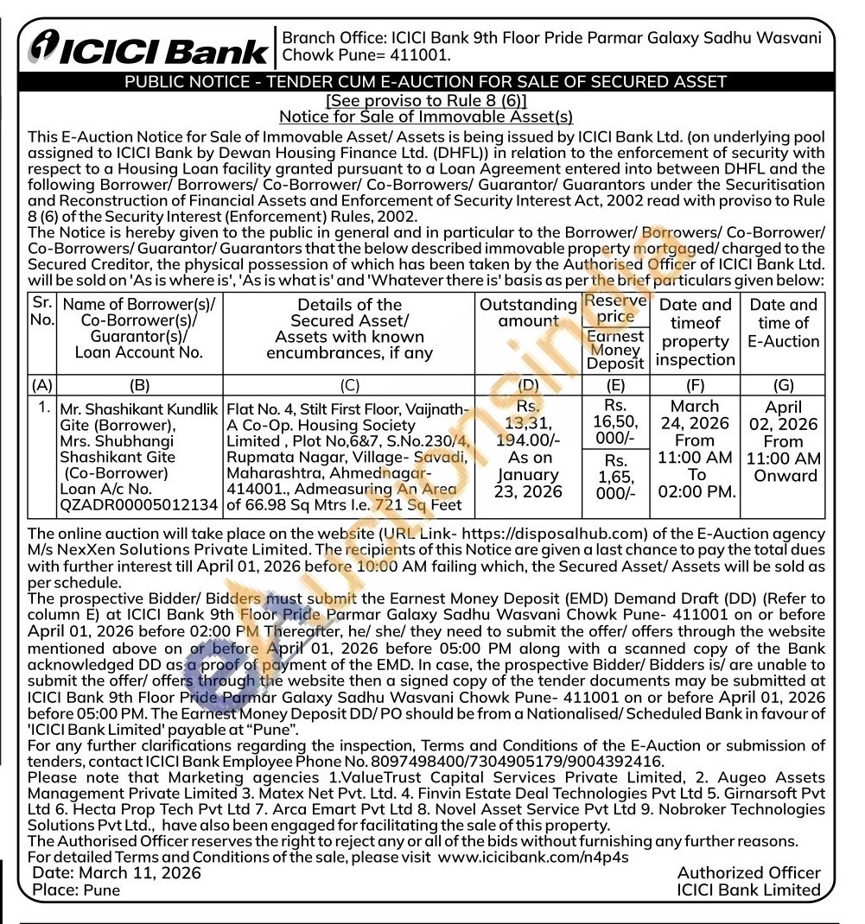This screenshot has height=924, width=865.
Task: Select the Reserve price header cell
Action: click(615, 308)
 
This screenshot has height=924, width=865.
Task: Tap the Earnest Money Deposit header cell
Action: click(615, 350)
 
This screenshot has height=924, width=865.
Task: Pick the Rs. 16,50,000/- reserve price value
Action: click(615, 422)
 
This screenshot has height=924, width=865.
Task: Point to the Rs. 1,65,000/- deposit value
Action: click(615, 477)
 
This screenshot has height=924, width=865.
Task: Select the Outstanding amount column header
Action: click(528, 313)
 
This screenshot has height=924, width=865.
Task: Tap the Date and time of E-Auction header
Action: click(783, 322)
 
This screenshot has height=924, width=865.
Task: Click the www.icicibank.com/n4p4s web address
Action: click(533, 857)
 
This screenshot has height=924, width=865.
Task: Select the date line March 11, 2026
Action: click(117, 873)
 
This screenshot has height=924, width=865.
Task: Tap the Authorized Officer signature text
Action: click(748, 873)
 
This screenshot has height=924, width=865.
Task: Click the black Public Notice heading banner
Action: click(426, 83)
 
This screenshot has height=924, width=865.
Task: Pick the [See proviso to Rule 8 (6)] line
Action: click(426, 100)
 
